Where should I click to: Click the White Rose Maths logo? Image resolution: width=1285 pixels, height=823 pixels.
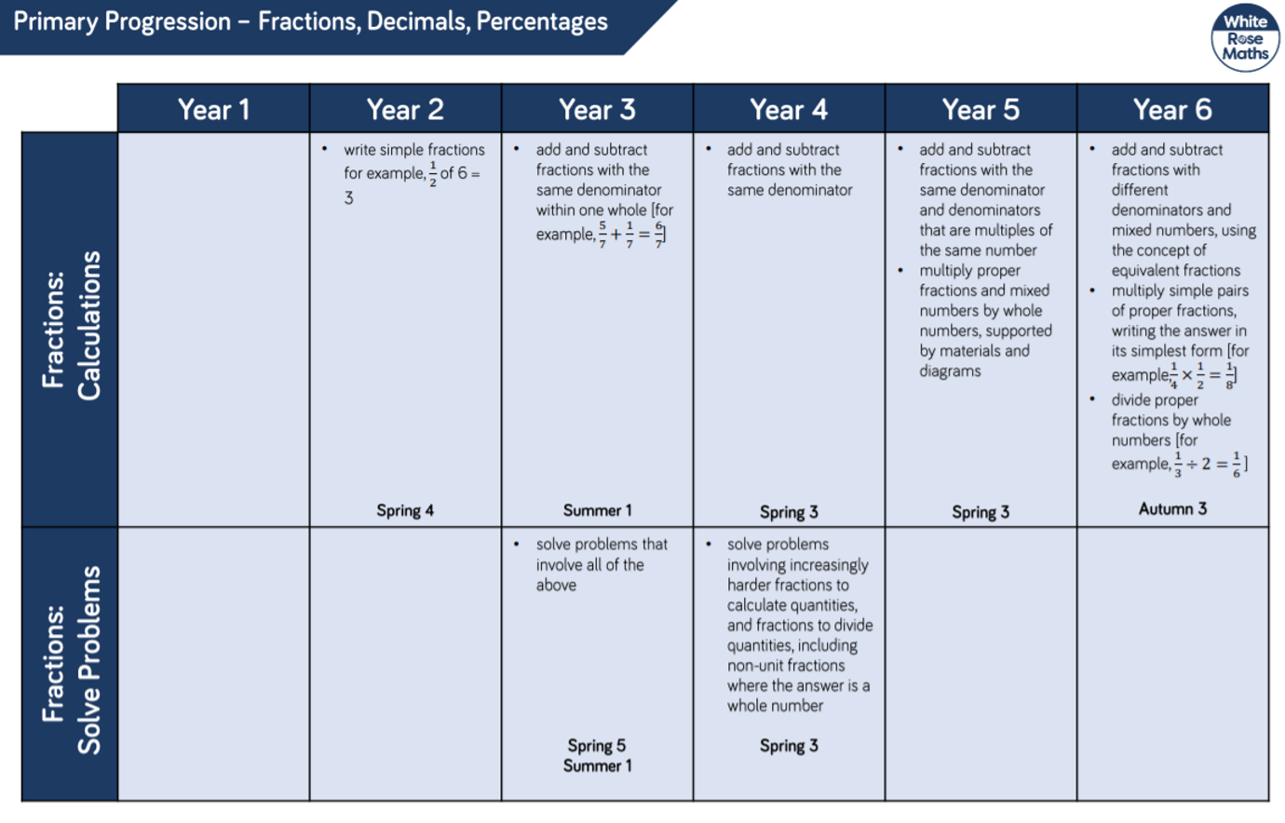(1245, 38)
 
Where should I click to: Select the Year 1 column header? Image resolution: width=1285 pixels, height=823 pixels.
(213, 109)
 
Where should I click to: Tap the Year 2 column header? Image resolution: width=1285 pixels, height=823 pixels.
(405, 109)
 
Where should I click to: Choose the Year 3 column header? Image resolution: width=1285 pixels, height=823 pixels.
(597, 109)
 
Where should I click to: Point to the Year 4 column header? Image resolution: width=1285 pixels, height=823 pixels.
(789, 109)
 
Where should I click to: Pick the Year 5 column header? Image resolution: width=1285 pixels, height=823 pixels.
(981, 109)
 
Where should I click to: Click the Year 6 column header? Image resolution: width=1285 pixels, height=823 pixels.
(1172, 109)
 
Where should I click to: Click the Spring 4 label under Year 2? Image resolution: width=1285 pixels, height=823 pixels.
(405, 510)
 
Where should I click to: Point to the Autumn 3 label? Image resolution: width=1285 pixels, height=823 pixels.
(1172, 508)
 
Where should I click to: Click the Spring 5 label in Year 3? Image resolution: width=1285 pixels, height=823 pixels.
(597, 746)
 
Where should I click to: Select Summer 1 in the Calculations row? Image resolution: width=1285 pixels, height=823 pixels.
(597, 510)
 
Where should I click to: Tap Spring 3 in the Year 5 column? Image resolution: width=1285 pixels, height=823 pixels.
(981, 511)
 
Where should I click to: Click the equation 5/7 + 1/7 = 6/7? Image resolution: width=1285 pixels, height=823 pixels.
(631, 235)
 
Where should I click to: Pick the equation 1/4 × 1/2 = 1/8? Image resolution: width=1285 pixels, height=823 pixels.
(1202, 375)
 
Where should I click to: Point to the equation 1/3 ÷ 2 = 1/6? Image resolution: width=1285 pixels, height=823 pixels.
(1210, 464)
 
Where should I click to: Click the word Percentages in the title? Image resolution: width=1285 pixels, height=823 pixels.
(542, 21)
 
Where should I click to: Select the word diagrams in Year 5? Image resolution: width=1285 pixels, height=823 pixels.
(950, 371)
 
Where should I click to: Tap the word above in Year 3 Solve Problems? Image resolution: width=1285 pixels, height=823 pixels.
(556, 585)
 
